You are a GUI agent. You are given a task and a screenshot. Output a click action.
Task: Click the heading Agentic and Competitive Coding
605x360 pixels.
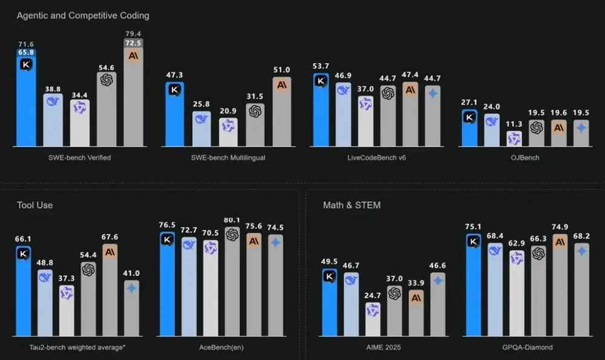(x=83, y=15)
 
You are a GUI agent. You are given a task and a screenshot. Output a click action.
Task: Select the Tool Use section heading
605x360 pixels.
(x=34, y=205)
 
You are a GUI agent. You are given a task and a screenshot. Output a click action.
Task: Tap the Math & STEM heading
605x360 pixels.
(x=352, y=205)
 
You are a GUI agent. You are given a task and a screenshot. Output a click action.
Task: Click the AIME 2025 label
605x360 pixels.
(x=384, y=348)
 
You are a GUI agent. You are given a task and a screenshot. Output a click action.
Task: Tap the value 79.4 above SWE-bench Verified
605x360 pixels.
(x=133, y=33)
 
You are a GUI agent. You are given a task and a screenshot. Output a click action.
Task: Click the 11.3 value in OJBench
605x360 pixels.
(x=514, y=125)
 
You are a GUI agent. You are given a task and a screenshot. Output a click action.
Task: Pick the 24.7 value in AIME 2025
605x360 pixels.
(x=373, y=295)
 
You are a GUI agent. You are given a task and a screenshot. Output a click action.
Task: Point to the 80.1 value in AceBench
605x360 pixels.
(x=232, y=220)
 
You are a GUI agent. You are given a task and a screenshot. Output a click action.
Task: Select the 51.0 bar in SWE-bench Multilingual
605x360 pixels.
(x=281, y=112)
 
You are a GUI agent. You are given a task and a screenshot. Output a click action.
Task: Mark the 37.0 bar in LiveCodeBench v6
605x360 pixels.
(x=365, y=121)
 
